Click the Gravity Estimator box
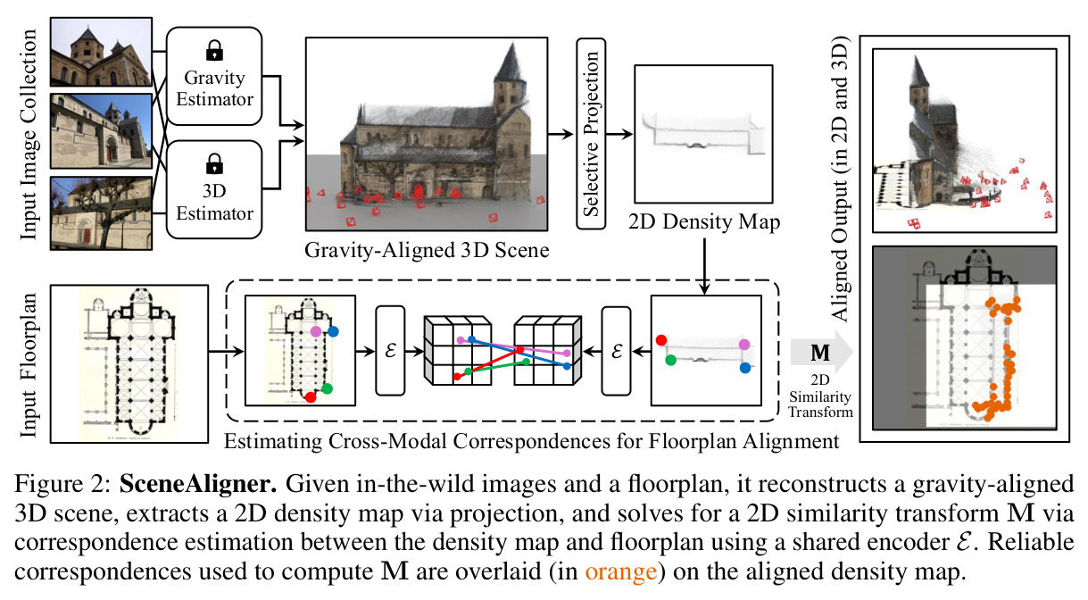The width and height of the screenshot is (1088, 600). (x=214, y=76)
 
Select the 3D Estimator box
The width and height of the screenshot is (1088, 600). (x=214, y=189)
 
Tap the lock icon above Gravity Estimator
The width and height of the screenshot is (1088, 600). (x=214, y=50)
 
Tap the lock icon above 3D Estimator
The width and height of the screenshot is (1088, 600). (x=214, y=163)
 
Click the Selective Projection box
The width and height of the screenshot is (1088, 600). (x=591, y=134)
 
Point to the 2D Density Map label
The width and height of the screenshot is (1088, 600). (x=704, y=221)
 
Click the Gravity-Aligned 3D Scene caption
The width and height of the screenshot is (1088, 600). (x=427, y=250)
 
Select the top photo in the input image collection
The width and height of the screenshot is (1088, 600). (x=101, y=52)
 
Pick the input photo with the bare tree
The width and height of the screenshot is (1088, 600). (x=101, y=213)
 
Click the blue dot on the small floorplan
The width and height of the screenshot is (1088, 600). (x=333, y=332)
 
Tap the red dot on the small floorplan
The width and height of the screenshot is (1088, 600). (x=311, y=397)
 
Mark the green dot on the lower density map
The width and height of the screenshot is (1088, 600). (x=671, y=360)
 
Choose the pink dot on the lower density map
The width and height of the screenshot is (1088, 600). (x=744, y=345)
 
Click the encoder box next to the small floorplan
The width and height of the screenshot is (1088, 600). (x=390, y=350)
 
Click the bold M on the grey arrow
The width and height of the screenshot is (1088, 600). (x=820, y=353)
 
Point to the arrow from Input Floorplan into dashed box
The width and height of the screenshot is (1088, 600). (x=226, y=351)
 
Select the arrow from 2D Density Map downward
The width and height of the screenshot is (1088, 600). (x=704, y=266)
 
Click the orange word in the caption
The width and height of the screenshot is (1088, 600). (x=620, y=571)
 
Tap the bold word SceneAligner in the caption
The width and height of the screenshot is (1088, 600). (x=198, y=484)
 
